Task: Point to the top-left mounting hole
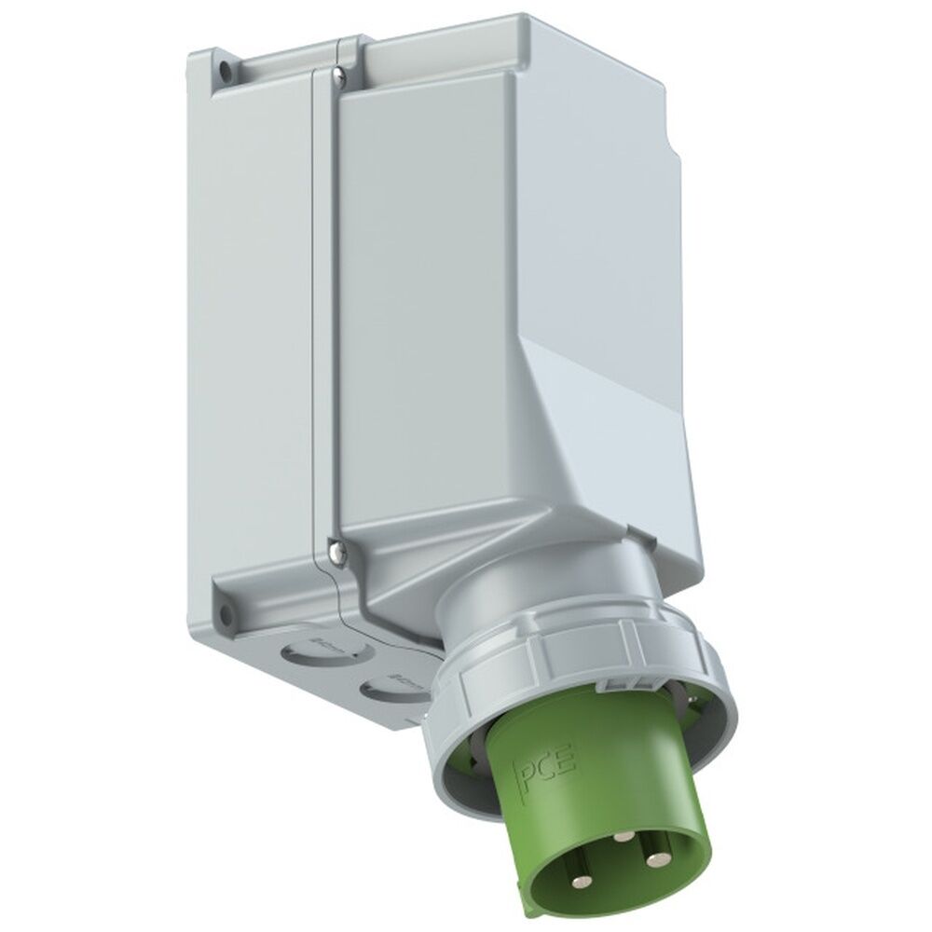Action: pyautogui.click(x=224, y=68)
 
